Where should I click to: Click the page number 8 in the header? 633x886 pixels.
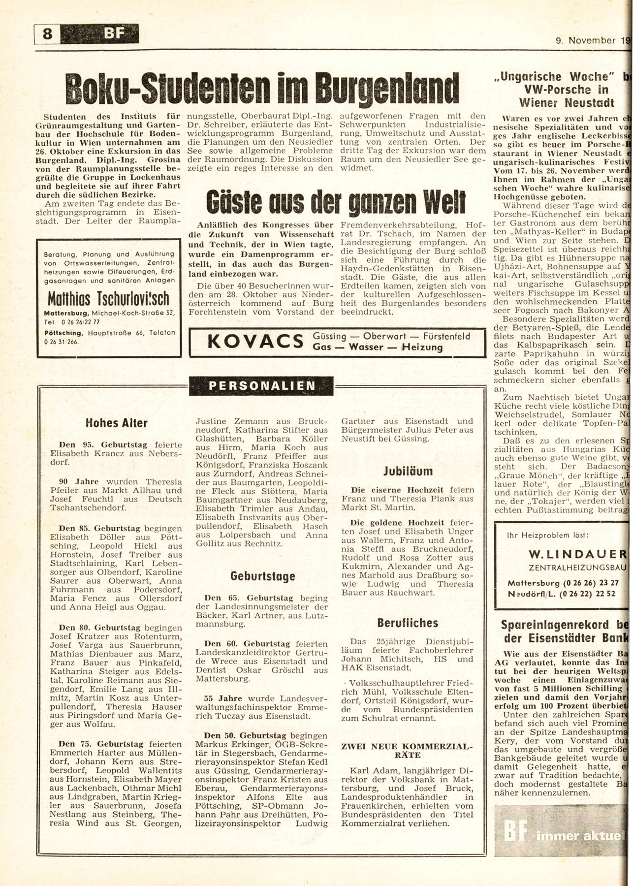pos(47,34)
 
